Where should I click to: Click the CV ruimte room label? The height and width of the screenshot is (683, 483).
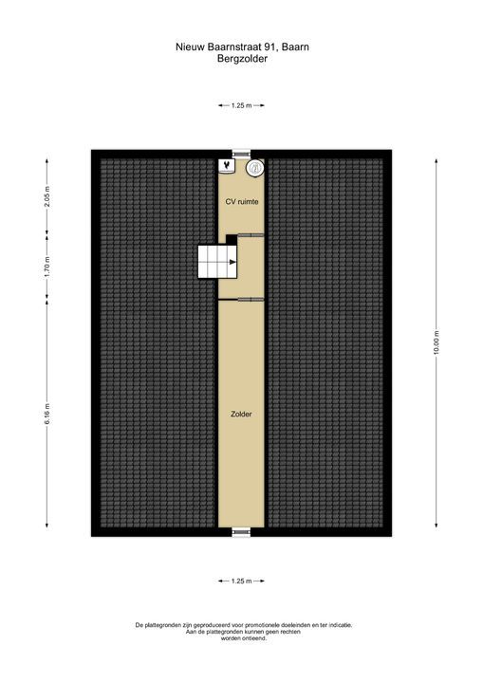tap(241, 202)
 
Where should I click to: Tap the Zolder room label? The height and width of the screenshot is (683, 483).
tap(241, 415)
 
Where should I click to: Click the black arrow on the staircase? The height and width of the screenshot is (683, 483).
tap(232, 262)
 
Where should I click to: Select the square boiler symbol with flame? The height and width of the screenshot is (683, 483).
tap(227, 165)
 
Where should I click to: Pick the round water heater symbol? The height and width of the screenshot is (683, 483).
tap(254, 168)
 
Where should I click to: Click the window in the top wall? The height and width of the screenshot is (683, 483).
tap(241, 154)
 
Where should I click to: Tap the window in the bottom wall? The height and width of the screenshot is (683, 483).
tap(241, 532)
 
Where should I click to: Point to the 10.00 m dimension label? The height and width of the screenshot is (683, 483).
tap(436, 343)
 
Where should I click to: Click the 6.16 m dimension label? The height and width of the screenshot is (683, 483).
tap(47, 414)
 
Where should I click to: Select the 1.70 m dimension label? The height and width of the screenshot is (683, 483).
tap(47, 268)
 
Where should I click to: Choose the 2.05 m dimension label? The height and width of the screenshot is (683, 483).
tap(47, 197)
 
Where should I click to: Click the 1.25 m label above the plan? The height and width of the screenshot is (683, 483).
tap(241, 105)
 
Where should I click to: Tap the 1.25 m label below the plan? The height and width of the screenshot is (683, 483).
tap(241, 581)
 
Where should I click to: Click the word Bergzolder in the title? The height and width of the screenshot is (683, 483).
tap(242, 59)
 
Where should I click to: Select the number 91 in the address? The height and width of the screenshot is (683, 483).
tap(271, 47)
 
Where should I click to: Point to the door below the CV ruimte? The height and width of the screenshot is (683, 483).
tap(251, 235)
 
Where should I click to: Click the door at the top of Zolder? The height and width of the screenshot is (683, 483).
tap(251, 299)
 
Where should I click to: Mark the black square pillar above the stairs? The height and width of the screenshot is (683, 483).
tap(232, 239)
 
